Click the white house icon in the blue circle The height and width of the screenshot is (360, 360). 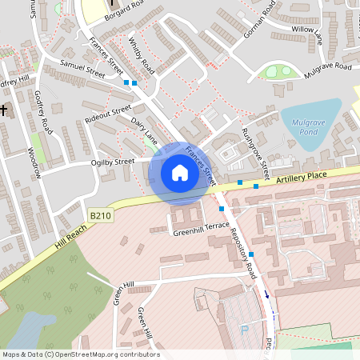tap(179, 172)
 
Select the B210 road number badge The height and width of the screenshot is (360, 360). tap(100, 215)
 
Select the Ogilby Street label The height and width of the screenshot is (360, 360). tap(113, 162)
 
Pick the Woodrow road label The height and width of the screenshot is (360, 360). tap(34, 162)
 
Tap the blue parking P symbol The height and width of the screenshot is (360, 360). tap(245, 329)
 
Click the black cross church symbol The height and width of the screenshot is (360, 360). tap(4, 110)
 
